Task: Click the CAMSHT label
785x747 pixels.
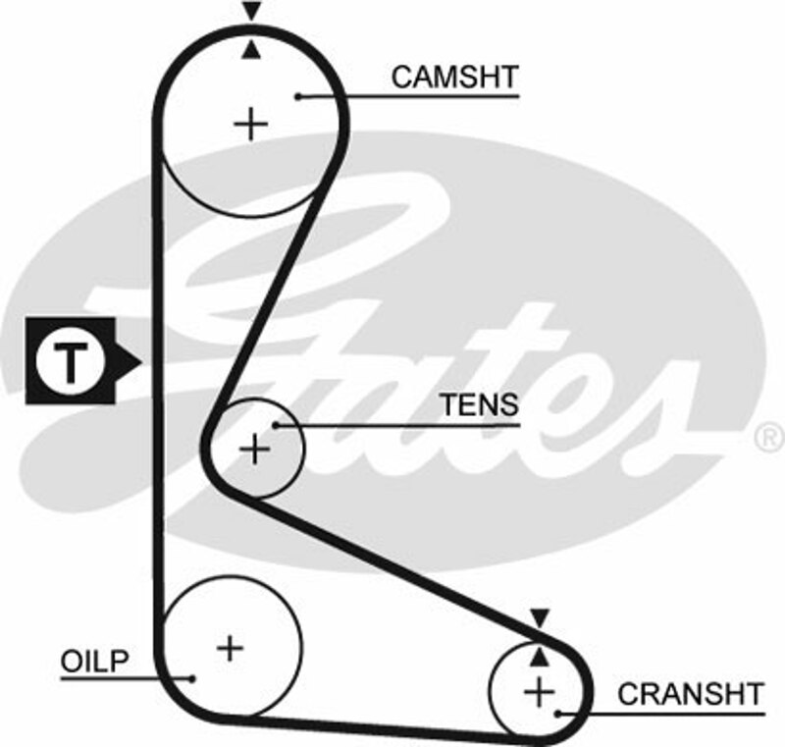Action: (453, 78)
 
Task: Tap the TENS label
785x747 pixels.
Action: (479, 405)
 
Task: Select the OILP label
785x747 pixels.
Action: (95, 661)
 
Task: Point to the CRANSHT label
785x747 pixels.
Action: (690, 694)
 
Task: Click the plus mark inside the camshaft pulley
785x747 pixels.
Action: (252, 124)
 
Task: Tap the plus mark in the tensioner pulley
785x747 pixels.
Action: (255, 450)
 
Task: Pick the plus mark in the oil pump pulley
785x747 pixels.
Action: (230, 647)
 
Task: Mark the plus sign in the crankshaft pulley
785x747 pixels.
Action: (539, 691)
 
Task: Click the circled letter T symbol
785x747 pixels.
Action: (69, 361)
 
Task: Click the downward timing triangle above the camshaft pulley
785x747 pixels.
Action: (253, 13)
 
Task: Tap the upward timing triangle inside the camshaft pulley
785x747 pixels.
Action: (253, 50)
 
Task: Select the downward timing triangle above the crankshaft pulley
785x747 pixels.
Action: (539, 617)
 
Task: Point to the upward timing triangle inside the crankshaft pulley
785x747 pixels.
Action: (539, 654)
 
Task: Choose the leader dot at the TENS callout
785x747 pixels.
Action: (278, 425)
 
